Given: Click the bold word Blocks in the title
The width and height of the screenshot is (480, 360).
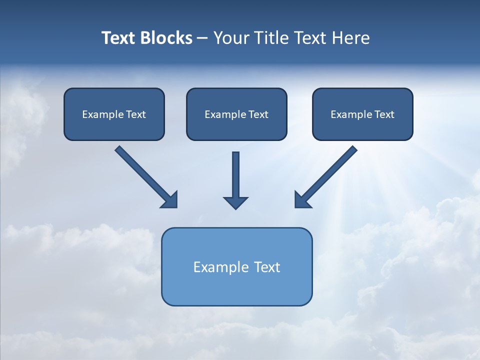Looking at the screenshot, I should click(x=166, y=38).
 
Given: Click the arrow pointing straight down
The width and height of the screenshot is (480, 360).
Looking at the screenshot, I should click(x=235, y=177).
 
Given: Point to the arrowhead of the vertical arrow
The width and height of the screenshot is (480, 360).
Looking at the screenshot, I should click(x=235, y=202).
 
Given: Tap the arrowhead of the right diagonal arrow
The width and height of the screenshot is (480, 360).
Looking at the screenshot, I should click(x=302, y=200).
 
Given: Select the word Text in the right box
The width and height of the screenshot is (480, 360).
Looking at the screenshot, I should click(x=384, y=114).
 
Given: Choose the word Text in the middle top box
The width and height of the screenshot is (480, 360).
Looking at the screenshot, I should click(x=258, y=114).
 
